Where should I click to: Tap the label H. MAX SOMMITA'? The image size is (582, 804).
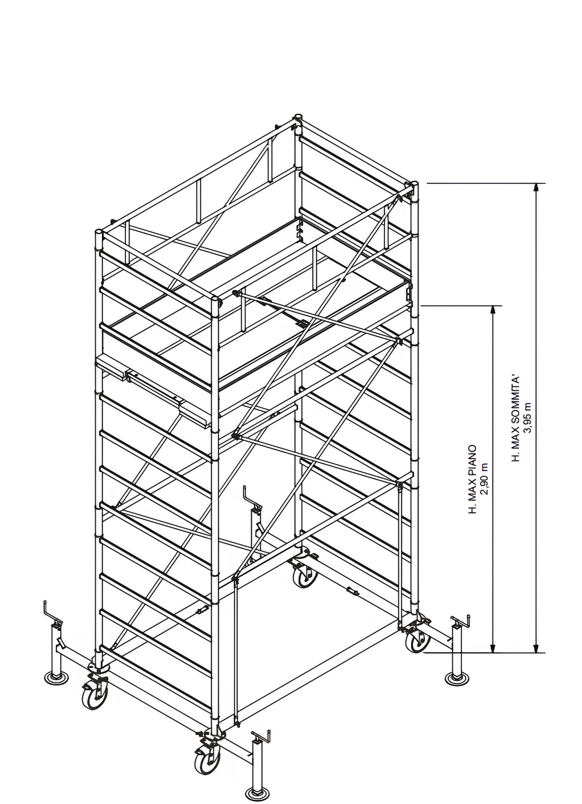[x=516, y=419]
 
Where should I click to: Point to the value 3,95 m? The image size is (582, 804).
[x=528, y=419]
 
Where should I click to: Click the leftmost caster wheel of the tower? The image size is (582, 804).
[x=95, y=697]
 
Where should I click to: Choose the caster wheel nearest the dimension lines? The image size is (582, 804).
[x=416, y=639]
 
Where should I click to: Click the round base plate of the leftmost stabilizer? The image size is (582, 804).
[x=55, y=679]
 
